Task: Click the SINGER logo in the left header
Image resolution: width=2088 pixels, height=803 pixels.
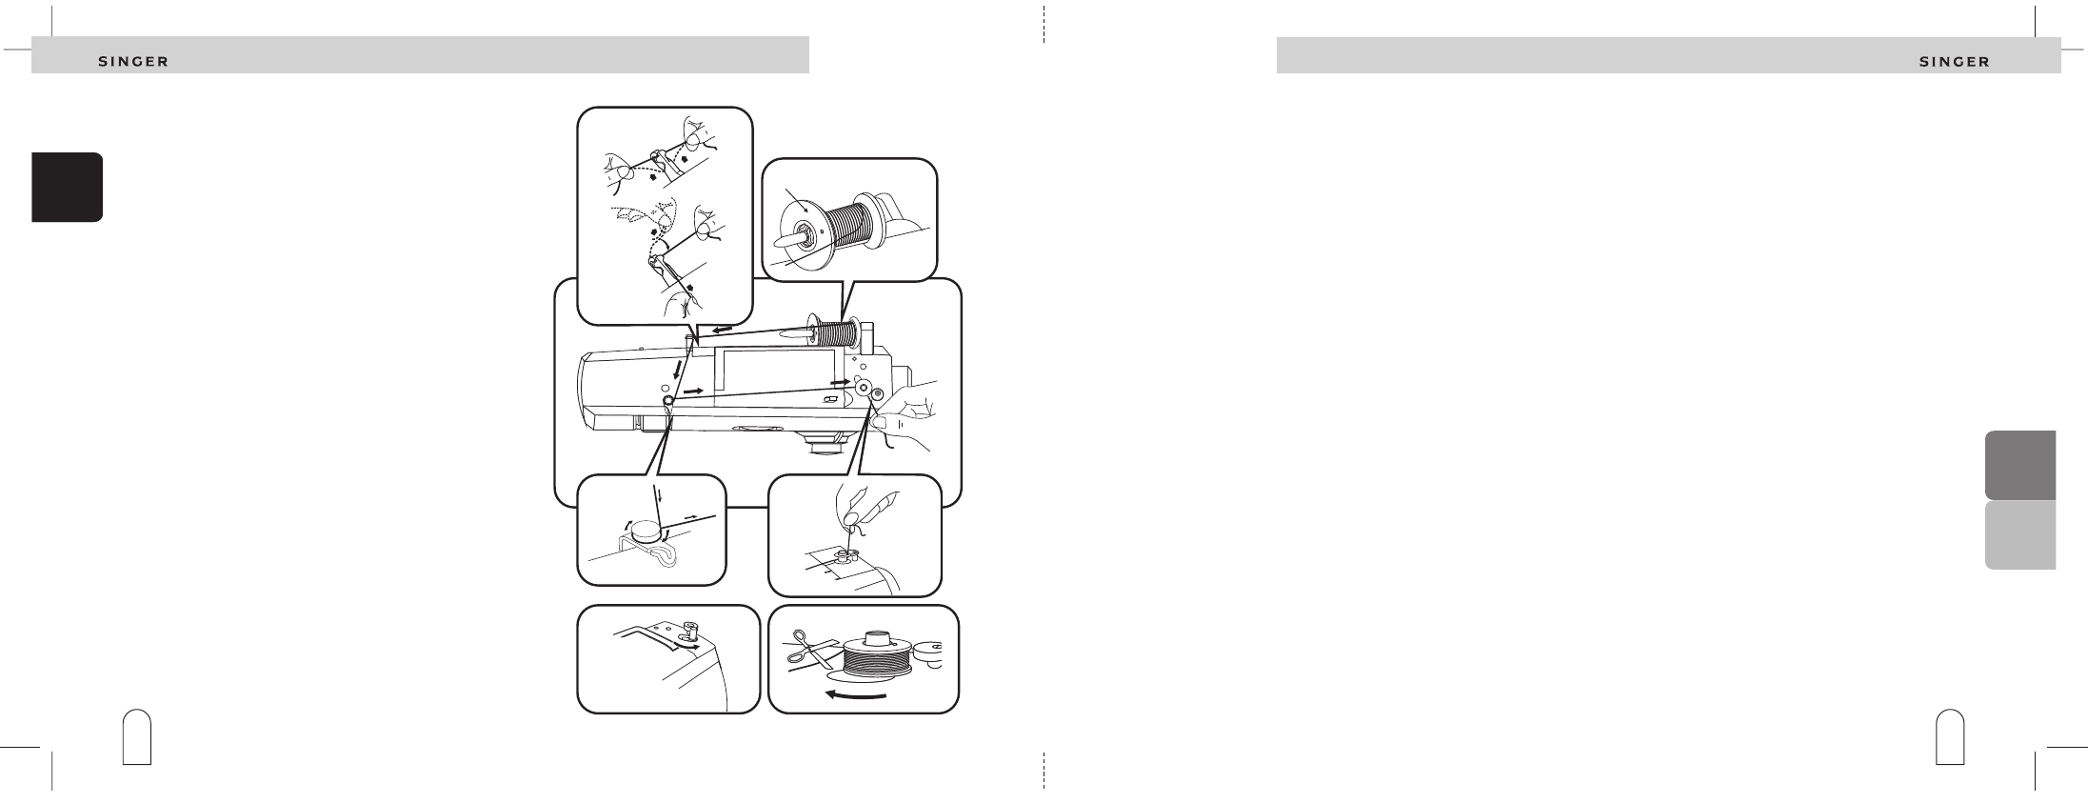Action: [134, 62]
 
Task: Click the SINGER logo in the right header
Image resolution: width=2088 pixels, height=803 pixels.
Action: [1954, 62]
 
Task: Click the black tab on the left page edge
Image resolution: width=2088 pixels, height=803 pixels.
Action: [67, 187]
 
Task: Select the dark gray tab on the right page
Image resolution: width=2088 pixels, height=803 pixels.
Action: [2019, 465]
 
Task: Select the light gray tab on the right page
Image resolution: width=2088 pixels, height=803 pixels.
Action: [2019, 535]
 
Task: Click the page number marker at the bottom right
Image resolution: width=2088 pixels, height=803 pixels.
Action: [1951, 736]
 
